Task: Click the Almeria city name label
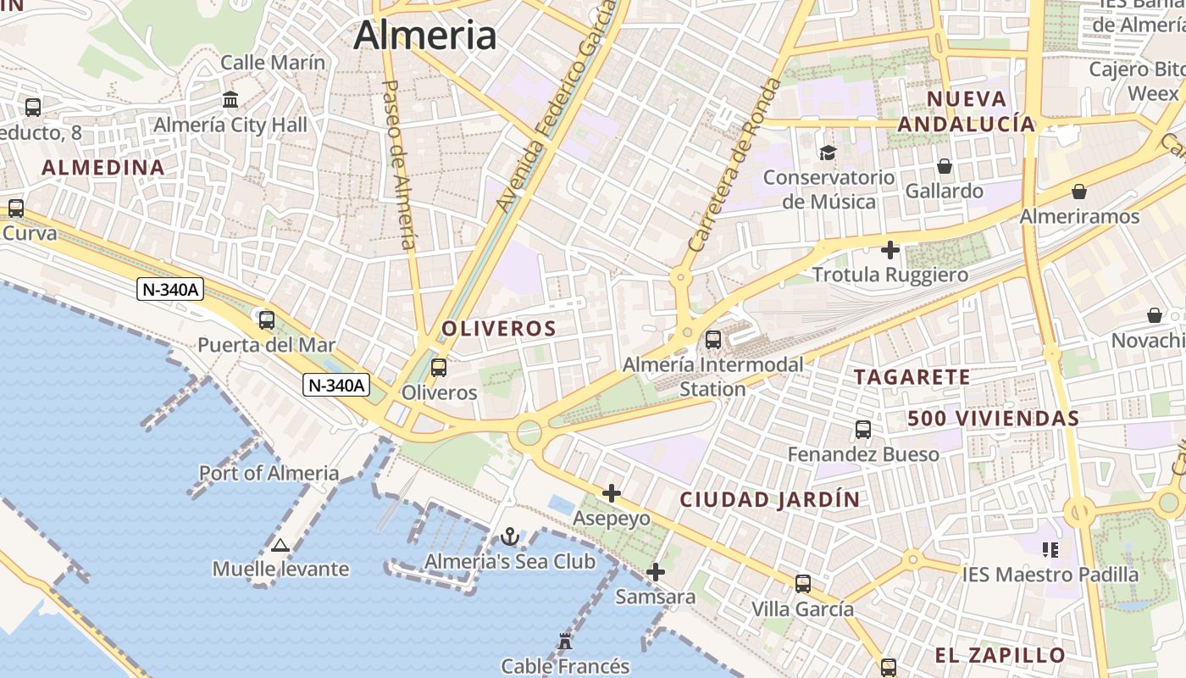point(424,35)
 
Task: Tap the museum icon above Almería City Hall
point(230,100)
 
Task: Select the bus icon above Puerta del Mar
point(267,320)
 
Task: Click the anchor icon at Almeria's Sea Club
point(509,536)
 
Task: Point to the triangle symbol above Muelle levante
point(280,545)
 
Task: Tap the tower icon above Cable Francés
point(565,642)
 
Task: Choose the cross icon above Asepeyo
point(612,492)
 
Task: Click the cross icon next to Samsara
point(655,572)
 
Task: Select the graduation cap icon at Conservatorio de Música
point(828,153)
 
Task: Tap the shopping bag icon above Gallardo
point(945,166)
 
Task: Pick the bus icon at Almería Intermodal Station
point(713,340)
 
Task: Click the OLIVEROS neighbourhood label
point(499,329)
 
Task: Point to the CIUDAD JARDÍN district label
point(770,499)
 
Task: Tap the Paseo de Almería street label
point(401,164)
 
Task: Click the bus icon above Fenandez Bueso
point(863,430)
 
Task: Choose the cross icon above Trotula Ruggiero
point(890,250)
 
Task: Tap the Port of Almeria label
point(269,473)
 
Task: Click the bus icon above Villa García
point(803,584)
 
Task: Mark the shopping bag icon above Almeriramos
point(1079,192)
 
